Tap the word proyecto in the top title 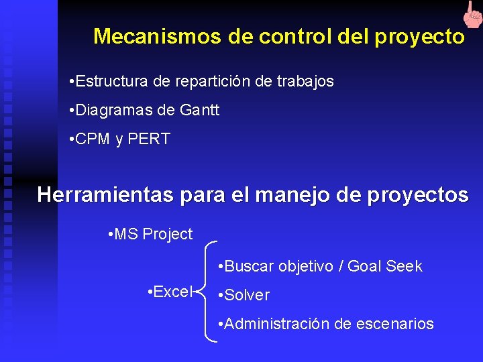click(x=420, y=37)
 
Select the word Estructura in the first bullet click(x=113, y=82)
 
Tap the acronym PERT click(x=149, y=139)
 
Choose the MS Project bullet click(x=150, y=234)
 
